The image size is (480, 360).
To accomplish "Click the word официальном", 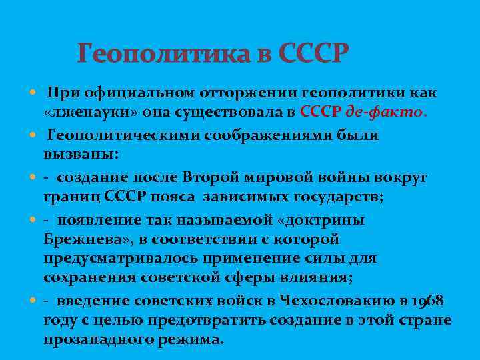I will click(127, 93).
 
